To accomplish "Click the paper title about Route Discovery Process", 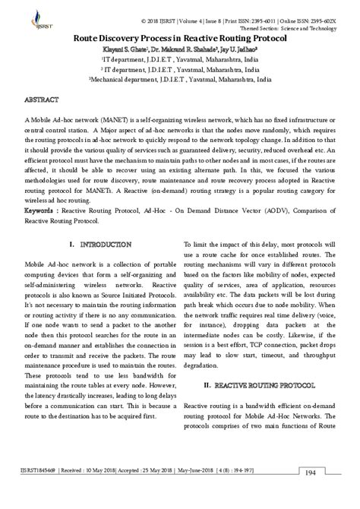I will [179, 36].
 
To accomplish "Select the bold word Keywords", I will [41, 186].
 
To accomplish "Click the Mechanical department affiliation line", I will [179, 78].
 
